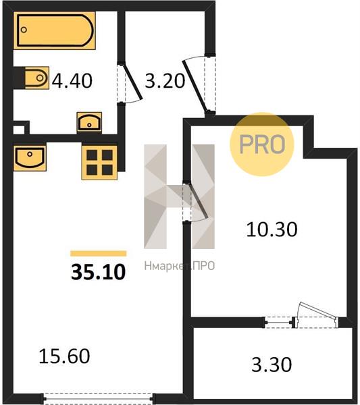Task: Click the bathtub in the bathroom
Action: (x=55, y=30)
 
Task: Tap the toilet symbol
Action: (x=37, y=78)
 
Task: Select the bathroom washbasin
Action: (x=89, y=123)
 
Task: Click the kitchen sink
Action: (x=30, y=158)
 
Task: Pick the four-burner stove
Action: (x=99, y=163)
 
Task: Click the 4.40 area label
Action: (x=72, y=81)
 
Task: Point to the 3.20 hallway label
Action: (x=165, y=81)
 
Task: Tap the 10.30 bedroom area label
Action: (x=272, y=230)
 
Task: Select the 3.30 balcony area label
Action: (x=272, y=364)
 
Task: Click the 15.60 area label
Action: (x=64, y=356)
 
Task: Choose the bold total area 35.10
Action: (x=99, y=272)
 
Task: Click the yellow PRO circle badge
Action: (x=262, y=144)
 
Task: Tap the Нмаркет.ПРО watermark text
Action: (x=180, y=266)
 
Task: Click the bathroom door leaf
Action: (x=132, y=82)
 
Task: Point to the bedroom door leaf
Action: (x=199, y=200)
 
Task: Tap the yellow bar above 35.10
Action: (x=99, y=253)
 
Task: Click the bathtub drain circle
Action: (x=24, y=30)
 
